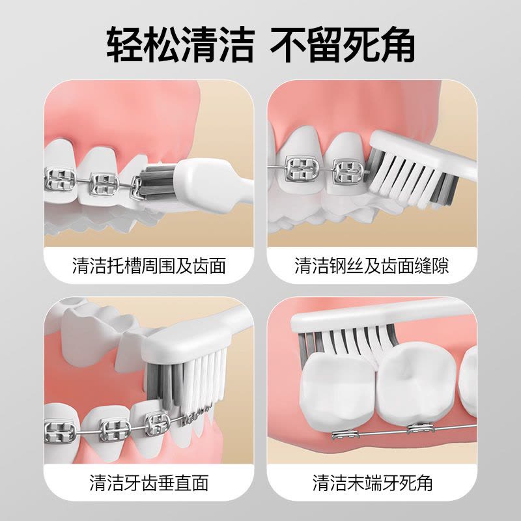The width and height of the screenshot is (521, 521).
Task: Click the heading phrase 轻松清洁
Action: pos(180,45)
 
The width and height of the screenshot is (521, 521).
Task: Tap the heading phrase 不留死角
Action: pos(343,45)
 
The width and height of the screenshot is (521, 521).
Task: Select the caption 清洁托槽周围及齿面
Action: pos(149,266)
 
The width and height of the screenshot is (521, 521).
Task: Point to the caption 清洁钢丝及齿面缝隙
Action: pos(372,266)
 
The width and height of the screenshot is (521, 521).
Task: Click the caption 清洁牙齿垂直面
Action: pos(149,483)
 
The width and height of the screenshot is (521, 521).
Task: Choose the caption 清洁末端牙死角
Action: pos(373,483)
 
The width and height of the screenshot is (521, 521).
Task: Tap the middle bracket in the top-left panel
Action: pos(104,184)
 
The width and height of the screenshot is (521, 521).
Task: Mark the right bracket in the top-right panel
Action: pos(348,170)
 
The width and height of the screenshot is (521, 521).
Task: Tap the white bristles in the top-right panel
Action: pos(404,181)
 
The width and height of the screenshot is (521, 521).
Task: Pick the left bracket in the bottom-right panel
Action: pos(345,434)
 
